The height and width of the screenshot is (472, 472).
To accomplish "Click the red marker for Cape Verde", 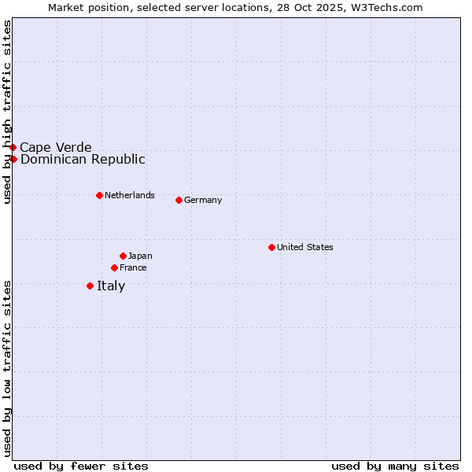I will [x=13, y=147].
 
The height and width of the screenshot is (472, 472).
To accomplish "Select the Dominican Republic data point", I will [x=13, y=159].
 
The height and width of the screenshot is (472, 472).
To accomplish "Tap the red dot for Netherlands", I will [x=99, y=195].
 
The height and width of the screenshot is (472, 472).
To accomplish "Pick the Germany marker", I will [x=179, y=200].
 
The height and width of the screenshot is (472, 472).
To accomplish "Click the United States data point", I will [x=271, y=247].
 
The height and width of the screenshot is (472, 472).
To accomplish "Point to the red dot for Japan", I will [x=123, y=256].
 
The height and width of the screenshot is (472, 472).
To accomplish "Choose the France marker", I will [x=114, y=267].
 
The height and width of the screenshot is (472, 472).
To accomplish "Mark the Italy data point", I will [x=90, y=286].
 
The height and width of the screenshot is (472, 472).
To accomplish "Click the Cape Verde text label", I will [x=56, y=147].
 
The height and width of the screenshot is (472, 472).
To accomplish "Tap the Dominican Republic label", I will [x=83, y=159].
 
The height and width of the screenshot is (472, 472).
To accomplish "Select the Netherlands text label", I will [x=130, y=195].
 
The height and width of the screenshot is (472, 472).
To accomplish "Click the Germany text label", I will [x=203, y=200].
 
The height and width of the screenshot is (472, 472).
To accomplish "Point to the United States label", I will [x=305, y=247].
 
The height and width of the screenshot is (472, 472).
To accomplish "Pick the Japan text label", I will [x=140, y=256].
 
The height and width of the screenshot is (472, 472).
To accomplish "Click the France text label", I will [x=133, y=267].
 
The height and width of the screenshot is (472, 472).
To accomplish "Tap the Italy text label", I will [x=111, y=286].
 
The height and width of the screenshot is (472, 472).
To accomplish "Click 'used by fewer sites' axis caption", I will [x=81, y=466].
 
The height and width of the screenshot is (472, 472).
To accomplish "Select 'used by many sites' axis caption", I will [x=395, y=466].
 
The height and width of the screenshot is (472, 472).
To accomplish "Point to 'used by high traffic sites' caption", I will [x=7, y=112].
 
